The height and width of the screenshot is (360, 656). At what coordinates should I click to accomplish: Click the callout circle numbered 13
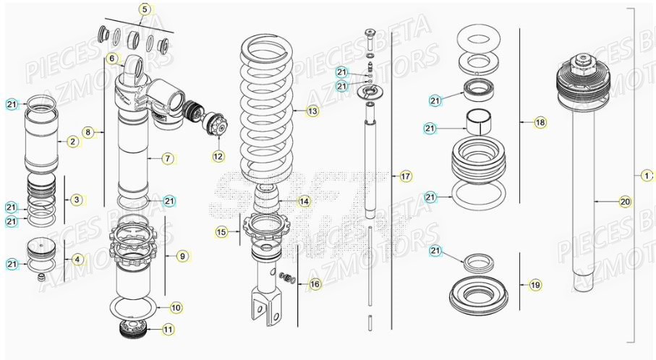coord(312,111)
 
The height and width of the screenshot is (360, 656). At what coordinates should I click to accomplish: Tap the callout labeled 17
coord(405,176)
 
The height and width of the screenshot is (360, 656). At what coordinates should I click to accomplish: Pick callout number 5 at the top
coord(144,9)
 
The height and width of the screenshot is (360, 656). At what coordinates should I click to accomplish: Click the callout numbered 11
coord(167,330)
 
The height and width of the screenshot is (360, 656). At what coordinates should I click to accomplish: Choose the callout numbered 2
coord(72,142)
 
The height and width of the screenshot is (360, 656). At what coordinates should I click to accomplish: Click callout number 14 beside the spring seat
coord(304,201)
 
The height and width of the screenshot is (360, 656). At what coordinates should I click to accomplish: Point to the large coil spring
coord(268,108)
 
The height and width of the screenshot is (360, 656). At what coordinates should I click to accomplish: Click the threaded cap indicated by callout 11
coord(136,328)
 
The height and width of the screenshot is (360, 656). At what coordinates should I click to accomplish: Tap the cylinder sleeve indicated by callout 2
coord(41,141)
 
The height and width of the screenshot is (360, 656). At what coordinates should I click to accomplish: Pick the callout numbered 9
coord(182,255)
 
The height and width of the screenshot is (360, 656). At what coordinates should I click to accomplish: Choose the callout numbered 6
coord(112,58)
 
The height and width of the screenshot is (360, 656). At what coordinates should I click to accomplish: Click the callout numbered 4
coord(76,258)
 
